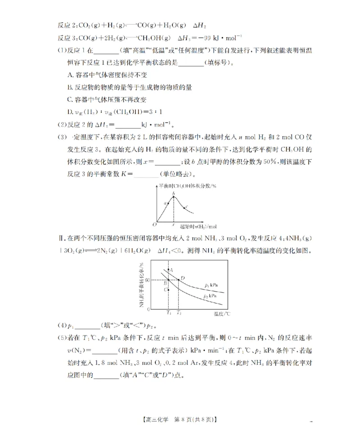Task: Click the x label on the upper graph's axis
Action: click(174, 224)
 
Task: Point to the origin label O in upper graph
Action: click(153, 224)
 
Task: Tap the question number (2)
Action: click(62, 124)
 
